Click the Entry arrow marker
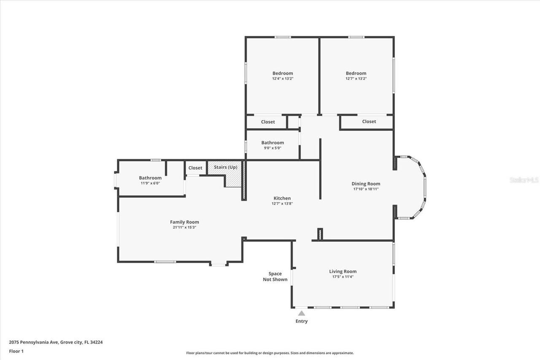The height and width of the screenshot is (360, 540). pyautogui.click(x=301, y=313)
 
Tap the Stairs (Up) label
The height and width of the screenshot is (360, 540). pyautogui.click(x=225, y=168)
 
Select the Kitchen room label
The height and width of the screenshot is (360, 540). pyautogui.click(x=282, y=198)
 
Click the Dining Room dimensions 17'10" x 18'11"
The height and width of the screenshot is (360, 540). pyautogui.click(x=366, y=189)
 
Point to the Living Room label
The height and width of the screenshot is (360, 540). pyautogui.click(x=343, y=271)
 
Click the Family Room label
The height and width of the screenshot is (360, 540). pyautogui.click(x=184, y=222)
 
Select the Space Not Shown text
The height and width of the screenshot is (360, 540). pyautogui.click(x=275, y=276)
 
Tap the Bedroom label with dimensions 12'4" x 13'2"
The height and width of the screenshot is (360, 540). pyautogui.click(x=282, y=73)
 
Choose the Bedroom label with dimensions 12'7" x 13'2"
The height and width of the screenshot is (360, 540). pyautogui.click(x=356, y=73)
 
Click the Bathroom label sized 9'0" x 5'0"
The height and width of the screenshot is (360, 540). pyautogui.click(x=272, y=143)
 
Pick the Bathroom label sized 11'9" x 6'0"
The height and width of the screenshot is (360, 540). pyautogui.click(x=150, y=178)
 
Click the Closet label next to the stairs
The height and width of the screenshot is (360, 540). pyautogui.click(x=195, y=168)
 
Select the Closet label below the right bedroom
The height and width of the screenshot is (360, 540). pyautogui.click(x=369, y=122)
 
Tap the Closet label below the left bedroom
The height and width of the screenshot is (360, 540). pyautogui.click(x=267, y=122)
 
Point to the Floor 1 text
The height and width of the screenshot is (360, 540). pyautogui.click(x=16, y=351)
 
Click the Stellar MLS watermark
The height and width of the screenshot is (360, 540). pyautogui.click(x=524, y=180)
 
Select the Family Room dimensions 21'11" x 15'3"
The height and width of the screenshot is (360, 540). pyautogui.click(x=184, y=227)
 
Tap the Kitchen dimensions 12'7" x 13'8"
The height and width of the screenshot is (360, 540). pyautogui.click(x=282, y=203)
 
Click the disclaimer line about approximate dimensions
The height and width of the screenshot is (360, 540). pyautogui.click(x=270, y=353)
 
